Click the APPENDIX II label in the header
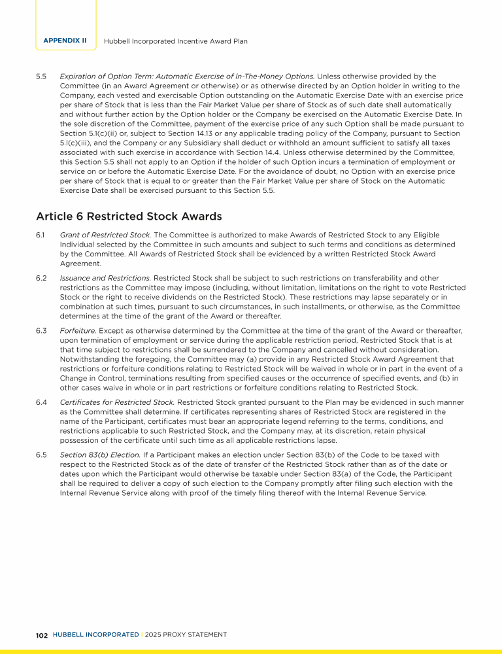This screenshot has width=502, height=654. [65, 41]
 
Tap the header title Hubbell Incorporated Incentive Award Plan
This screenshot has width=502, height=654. [176, 41]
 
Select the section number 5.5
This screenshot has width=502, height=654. [41, 77]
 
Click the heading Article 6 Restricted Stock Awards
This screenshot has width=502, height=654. [129, 216]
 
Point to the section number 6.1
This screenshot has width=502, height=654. [41, 235]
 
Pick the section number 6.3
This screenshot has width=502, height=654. [41, 331]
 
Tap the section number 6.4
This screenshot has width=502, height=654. [41, 402]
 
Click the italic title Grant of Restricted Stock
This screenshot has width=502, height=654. [99, 235]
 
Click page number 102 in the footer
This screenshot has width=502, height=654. [42, 635]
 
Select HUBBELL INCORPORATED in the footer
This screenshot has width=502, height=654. [95, 635]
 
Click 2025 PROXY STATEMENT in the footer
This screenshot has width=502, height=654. [186, 635]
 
